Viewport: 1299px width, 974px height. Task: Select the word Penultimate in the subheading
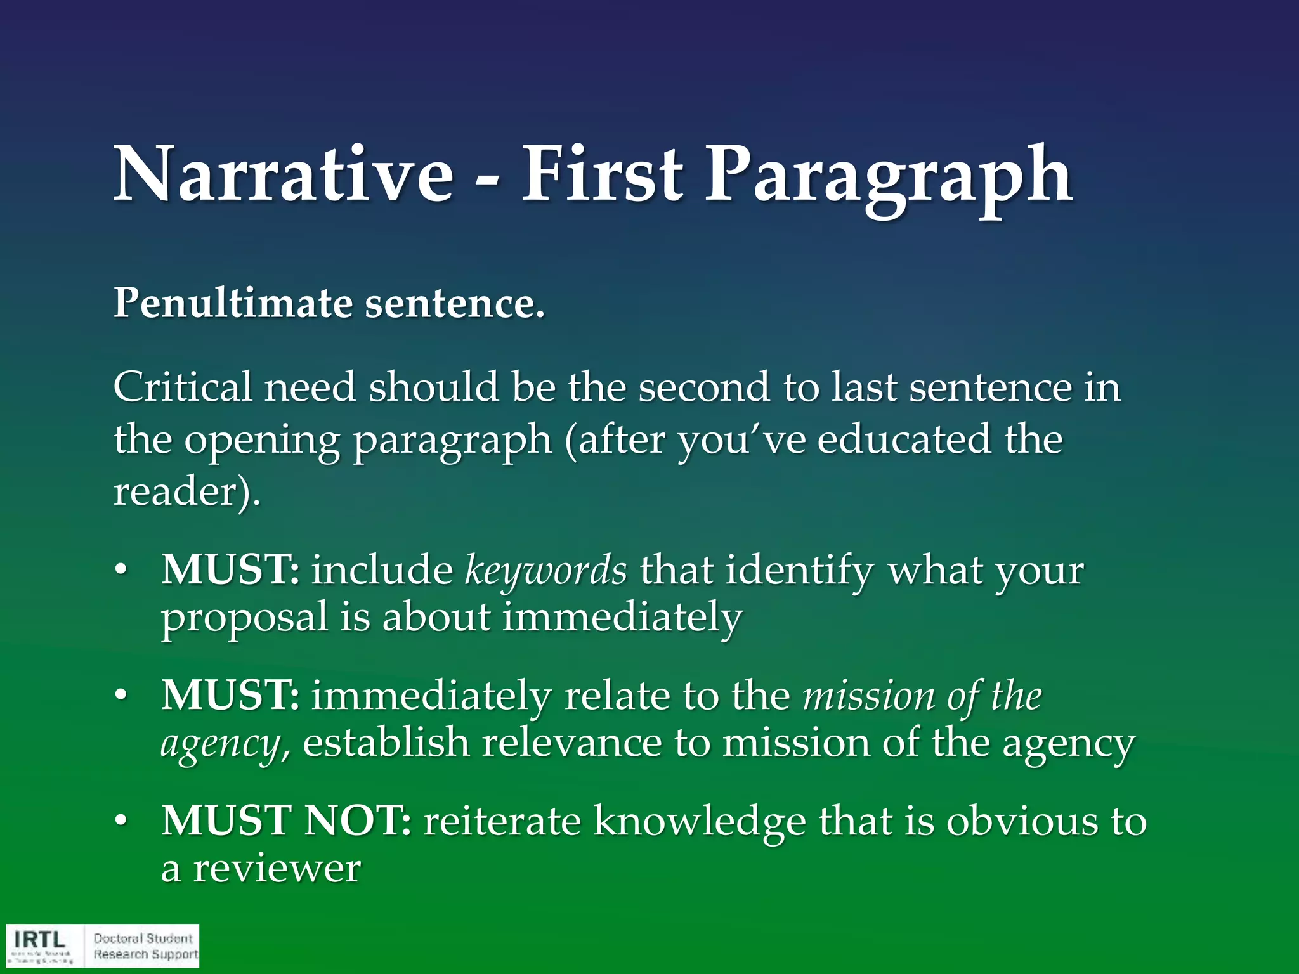tap(232, 303)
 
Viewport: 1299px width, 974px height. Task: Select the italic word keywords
tap(545, 569)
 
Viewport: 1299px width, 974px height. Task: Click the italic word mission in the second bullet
tap(868, 696)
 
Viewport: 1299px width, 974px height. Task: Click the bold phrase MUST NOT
tap(285, 821)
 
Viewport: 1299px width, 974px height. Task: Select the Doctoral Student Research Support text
tap(145, 946)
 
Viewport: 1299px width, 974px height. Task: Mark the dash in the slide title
tap(486, 184)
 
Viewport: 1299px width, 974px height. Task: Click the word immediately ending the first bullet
tap(622, 617)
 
